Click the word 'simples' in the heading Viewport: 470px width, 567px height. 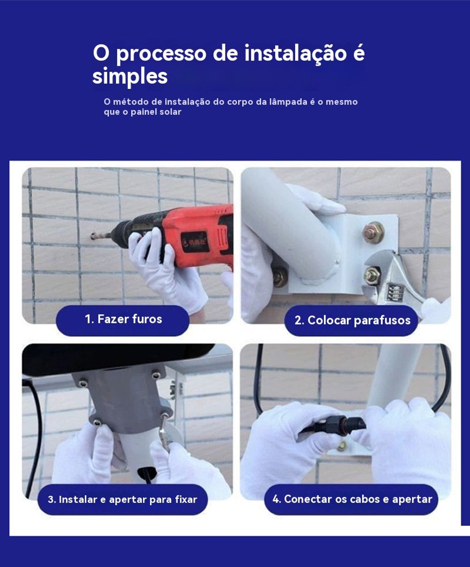click(x=130, y=77)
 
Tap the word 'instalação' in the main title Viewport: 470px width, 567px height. click(x=296, y=53)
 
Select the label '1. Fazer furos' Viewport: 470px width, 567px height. click(x=123, y=319)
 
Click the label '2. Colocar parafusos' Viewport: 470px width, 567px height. click(x=352, y=320)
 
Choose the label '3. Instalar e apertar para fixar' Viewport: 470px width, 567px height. click(x=122, y=500)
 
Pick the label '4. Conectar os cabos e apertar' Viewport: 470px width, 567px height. click(x=352, y=499)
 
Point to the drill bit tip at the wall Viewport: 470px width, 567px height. click(x=93, y=236)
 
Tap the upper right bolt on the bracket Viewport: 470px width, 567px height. click(x=374, y=233)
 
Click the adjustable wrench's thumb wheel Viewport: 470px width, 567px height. click(x=395, y=292)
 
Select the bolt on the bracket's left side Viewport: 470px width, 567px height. click(x=280, y=277)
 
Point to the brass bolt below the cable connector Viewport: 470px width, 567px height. click(x=341, y=445)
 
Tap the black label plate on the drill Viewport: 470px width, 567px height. click(x=194, y=241)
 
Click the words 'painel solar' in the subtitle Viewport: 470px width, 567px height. click(x=156, y=112)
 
